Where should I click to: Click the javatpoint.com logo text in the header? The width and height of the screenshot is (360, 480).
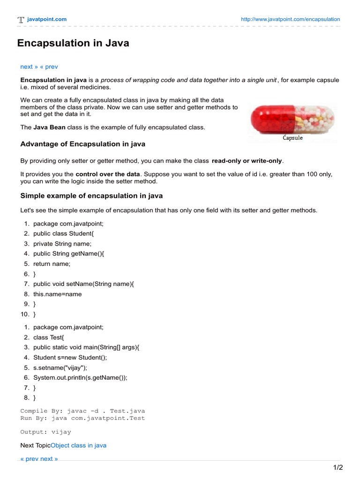pos(46,19)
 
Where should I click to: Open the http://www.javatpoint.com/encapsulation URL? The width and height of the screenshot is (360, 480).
pos(290,19)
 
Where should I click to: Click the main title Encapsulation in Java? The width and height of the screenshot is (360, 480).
pos(73,44)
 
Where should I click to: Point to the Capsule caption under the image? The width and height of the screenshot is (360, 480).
pos(292,138)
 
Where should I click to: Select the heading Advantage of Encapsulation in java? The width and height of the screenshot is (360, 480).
pos(82,143)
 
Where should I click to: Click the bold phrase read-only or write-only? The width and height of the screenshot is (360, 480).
pos(247,161)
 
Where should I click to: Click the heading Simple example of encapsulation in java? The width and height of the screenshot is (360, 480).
pos(91,195)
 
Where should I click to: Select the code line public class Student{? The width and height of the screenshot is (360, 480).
pos(64,233)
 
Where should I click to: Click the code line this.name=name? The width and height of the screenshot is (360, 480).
pos(57,294)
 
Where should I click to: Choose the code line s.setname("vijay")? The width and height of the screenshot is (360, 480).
pos(60,367)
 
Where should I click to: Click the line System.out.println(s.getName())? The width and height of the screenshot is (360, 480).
pos(80,377)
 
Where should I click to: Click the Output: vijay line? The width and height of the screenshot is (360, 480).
pos(46,432)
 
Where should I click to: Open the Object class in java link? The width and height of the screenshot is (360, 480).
pos(78,445)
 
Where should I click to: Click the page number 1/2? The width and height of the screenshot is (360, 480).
pos(338,467)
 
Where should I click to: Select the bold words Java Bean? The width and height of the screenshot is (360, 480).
pos(49,127)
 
